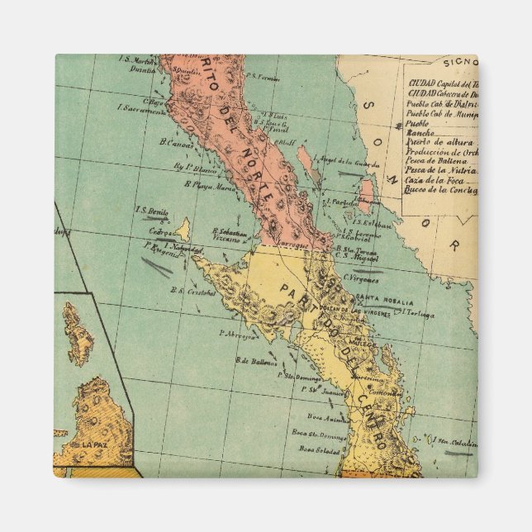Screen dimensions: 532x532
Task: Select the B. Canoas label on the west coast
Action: point(178,143)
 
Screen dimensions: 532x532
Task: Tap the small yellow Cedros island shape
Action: point(183,229)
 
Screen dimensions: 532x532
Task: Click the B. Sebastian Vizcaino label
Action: point(230,235)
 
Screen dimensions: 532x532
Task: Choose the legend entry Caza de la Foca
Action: point(436,179)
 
